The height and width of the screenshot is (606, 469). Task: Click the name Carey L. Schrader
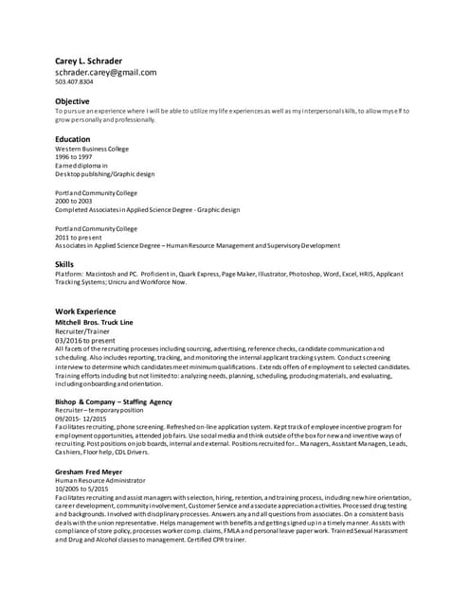pyautogui.click(x=88, y=61)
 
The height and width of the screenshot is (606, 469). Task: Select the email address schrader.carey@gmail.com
pyautogui.click(x=105, y=72)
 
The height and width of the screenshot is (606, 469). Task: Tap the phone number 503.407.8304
pyautogui.click(x=74, y=82)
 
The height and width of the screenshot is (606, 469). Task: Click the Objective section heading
pyautogui.click(x=72, y=101)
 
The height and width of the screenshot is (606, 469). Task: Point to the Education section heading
pyautogui.click(x=73, y=139)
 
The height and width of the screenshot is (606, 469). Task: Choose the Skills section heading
pyautogui.click(x=64, y=264)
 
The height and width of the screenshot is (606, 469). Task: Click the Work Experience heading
pyautogui.click(x=85, y=312)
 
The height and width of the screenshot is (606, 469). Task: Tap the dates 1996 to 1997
pyautogui.click(x=75, y=158)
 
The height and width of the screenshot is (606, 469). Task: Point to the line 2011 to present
pyautogui.click(x=79, y=238)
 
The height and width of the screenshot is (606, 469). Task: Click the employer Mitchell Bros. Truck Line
pyautogui.click(x=94, y=323)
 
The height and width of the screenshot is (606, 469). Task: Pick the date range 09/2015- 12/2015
pyautogui.click(x=81, y=419)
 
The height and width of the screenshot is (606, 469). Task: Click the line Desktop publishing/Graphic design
pyautogui.click(x=104, y=174)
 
